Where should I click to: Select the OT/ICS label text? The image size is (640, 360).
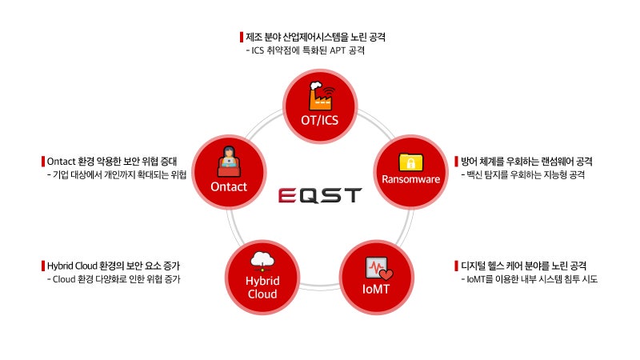pyautogui.click(x=319, y=122)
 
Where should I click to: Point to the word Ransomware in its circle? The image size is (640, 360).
pyautogui.click(x=410, y=179)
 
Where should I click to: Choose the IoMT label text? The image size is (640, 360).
pyautogui.click(x=376, y=288)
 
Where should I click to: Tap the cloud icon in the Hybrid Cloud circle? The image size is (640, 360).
pyautogui.click(x=262, y=261)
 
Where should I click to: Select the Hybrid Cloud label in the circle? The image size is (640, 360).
pyautogui.click(x=262, y=286)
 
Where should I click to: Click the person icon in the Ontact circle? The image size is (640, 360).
pyautogui.click(x=229, y=162)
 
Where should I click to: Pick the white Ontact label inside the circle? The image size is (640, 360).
pyautogui.click(x=229, y=186)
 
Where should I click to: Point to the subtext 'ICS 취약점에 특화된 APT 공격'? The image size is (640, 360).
pyautogui.click(x=307, y=50)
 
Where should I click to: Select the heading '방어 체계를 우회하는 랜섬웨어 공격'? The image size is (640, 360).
pyautogui.click(x=526, y=161)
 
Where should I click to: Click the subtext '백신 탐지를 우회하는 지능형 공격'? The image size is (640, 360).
pyautogui.click(x=526, y=174)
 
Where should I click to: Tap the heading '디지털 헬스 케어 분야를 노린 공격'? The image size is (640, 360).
pyautogui.click(x=525, y=265)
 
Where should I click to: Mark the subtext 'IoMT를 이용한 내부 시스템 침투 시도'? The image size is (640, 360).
pyautogui.click(x=532, y=279)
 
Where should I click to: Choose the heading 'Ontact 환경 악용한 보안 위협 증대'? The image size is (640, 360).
pyautogui.click(x=114, y=161)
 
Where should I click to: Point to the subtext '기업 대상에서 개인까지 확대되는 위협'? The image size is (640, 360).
pyautogui.click(x=118, y=174)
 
